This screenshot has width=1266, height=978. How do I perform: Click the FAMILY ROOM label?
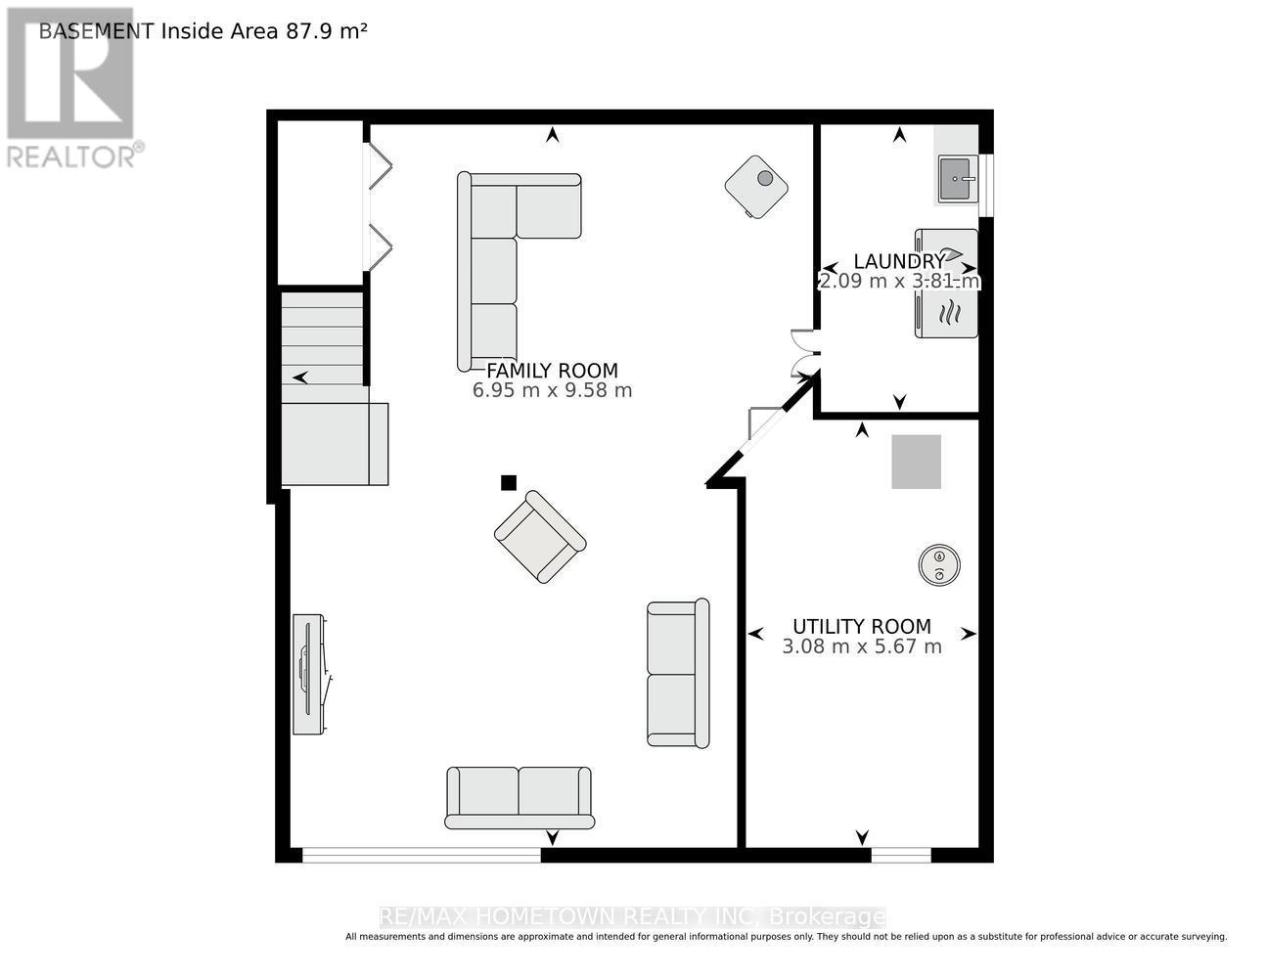coord(552,371)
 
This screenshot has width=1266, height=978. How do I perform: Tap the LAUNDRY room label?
coord(899,261)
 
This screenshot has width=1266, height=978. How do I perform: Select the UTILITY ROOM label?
coord(862,626)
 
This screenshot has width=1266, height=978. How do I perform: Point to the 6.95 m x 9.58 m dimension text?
coord(552,390)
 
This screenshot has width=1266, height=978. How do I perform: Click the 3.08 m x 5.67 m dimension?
coord(862,646)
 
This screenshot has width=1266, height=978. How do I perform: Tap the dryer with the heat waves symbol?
coord(946,314)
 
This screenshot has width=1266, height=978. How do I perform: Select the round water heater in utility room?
coord(939,564)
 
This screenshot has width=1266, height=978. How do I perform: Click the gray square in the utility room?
coord(916,462)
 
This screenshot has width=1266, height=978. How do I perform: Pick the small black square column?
coord(509,482)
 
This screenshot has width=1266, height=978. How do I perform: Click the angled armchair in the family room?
coord(540,537)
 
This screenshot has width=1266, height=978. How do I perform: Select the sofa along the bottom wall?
coord(520,797)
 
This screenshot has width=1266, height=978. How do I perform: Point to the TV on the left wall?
coord(311,674)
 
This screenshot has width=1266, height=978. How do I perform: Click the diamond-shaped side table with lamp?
coord(756,187)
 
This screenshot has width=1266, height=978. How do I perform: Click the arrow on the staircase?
coord(300,378)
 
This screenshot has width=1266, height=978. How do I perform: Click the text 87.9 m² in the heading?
coord(326,30)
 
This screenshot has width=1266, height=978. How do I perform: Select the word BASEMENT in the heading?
coord(97,31)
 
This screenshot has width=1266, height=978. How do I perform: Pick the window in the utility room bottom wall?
coord(901,855)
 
